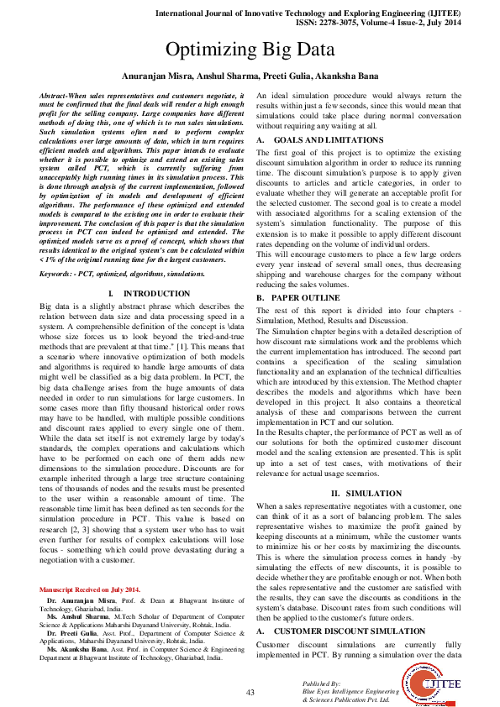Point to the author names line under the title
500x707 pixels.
pyautogui.click(x=250, y=76)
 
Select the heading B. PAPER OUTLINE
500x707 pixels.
pyautogui.click(x=298, y=298)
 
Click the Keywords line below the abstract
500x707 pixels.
pyautogui.click(x=110, y=274)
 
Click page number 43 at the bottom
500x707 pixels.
pyautogui.click(x=250, y=692)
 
